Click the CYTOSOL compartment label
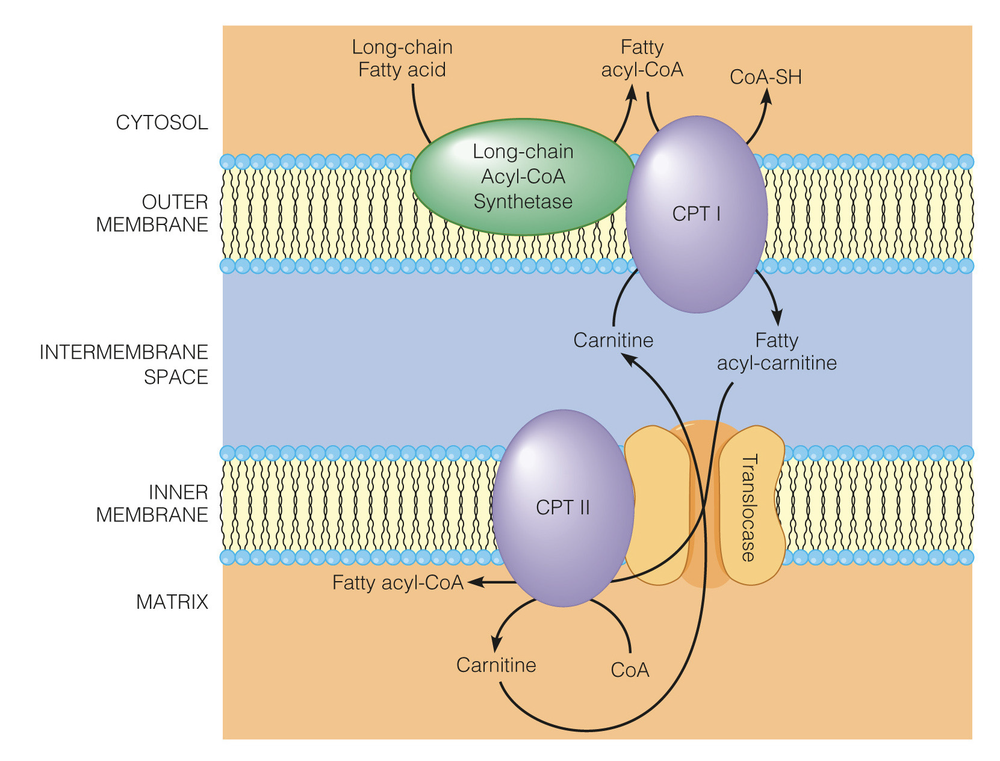pos(161,123)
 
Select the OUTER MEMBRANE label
pos(152,213)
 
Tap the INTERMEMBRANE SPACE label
pos(124,364)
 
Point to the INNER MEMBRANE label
pos(152,504)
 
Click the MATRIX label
pos(172,602)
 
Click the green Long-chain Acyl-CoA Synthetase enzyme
pos(523,176)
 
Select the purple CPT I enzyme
pos(697,214)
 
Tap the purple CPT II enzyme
pos(563,507)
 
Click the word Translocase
pos(748,508)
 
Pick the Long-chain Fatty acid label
pos(402,58)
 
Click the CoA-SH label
pos(765,77)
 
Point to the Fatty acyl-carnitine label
pos(777,352)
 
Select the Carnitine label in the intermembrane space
pos(613,340)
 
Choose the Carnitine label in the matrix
pos(496,665)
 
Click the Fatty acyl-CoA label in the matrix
pos(398,582)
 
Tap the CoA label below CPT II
pos(630,670)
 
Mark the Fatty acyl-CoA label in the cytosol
pos(642,58)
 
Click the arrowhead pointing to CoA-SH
pos(767,96)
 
